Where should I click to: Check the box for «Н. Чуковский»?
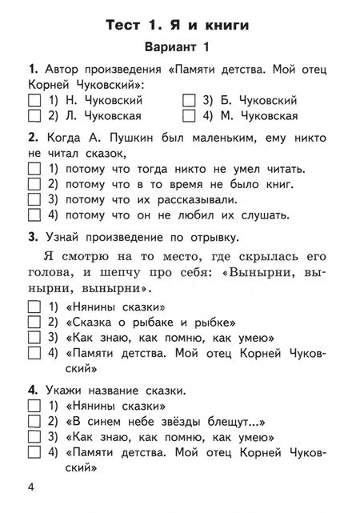[x=34, y=101]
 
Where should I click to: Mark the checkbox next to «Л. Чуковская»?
[x=34, y=116]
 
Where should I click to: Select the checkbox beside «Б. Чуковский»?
[x=190, y=101]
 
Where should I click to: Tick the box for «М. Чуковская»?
[x=190, y=116]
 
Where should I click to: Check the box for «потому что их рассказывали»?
[x=34, y=199]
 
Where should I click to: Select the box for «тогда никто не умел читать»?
[x=34, y=168]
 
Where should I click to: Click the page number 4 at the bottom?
[x=31, y=488]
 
